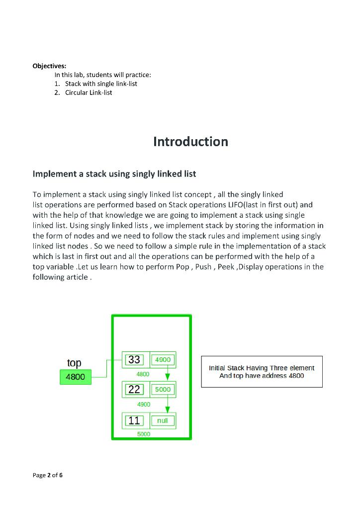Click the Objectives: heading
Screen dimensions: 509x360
[49, 66]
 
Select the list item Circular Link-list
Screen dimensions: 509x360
[88, 92]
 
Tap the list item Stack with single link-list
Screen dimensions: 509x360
[100, 84]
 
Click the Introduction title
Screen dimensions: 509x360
[190, 142]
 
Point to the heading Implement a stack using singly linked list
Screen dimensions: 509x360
[114, 174]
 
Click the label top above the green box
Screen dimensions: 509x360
[74, 363]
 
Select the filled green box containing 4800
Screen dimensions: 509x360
[75, 377]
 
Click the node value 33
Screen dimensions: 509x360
[134, 359]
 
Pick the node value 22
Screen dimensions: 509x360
[134, 390]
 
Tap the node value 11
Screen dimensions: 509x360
[134, 421]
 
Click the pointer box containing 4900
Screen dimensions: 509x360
[163, 359]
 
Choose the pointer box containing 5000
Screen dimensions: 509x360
[163, 390]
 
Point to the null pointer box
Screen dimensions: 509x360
[163, 421]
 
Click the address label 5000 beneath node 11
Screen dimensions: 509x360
[144, 434]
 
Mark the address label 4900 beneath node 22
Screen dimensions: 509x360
[144, 405]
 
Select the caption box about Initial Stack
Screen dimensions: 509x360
[262, 372]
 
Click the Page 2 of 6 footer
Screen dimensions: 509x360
[48, 475]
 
